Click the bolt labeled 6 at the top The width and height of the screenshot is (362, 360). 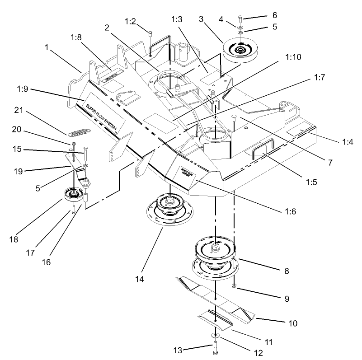click(x=240, y=19)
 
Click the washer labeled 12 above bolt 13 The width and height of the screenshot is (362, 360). click(x=213, y=335)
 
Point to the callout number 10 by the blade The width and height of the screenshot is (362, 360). click(x=292, y=323)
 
